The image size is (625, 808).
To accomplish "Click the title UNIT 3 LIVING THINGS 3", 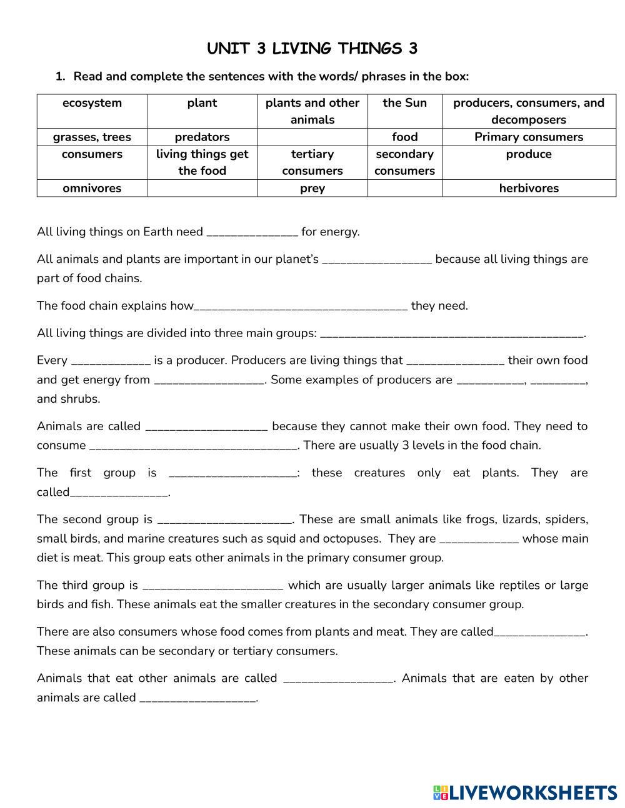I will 312,49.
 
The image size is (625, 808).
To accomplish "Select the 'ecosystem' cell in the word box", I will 92,103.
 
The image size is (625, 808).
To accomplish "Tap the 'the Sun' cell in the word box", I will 404,103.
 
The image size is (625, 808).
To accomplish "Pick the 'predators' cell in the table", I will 202,137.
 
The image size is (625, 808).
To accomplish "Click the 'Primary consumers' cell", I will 528,137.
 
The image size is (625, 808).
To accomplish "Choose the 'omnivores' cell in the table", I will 92,188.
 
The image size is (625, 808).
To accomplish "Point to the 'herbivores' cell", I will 528,188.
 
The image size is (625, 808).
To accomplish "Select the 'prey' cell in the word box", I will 312,188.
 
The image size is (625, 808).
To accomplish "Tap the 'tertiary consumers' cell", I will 312,162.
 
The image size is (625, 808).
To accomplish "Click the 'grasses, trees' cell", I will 92,137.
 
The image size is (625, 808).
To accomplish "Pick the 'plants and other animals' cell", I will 312,111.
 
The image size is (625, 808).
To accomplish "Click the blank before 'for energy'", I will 252,233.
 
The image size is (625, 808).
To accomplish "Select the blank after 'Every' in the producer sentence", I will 111,362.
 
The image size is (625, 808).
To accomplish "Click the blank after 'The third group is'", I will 212,586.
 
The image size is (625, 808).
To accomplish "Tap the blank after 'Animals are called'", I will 206,427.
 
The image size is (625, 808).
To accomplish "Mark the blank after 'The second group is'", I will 224,520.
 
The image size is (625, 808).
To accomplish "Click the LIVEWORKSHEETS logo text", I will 532,792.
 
